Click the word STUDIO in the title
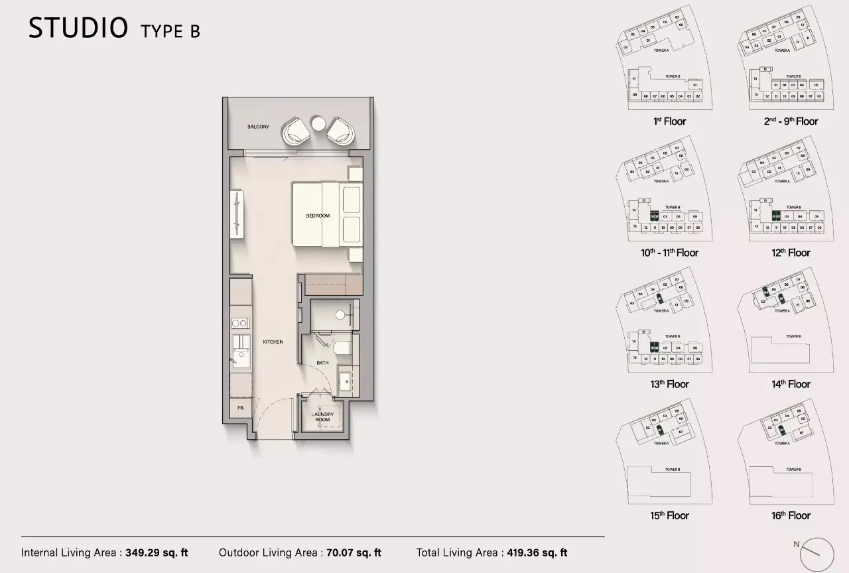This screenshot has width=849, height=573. pyautogui.click(x=78, y=28)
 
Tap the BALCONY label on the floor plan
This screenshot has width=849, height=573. pyautogui.click(x=258, y=127)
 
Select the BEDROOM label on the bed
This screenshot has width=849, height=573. pyautogui.click(x=318, y=216)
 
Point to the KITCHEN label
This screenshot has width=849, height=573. pyautogui.click(x=273, y=342)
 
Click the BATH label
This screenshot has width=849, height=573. pyautogui.click(x=322, y=363)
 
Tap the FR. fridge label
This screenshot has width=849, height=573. pyautogui.click(x=241, y=409)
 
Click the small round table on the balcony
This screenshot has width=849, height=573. pyautogui.click(x=318, y=125)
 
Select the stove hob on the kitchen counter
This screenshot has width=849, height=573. pyautogui.click(x=240, y=324)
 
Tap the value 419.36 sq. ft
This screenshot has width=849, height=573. pyautogui.click(x=536, y=552)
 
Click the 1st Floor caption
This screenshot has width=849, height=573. pyautogui.click(x=669, y=121)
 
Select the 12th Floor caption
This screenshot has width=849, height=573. pyautogui.click(x=791, y=253)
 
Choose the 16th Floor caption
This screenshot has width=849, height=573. pyautogui.click(x=791, y=515)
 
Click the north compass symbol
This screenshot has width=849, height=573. pyautogui.click(x=816, y=553)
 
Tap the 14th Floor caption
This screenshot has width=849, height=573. pyautogui.click(x=791, y=384)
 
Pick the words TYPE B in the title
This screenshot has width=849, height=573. pyautogui.click(x=170, y=31)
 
